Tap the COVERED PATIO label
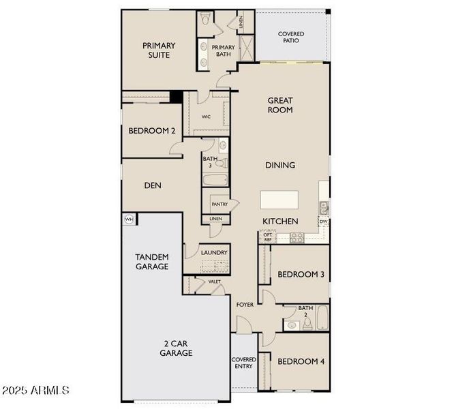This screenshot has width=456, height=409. click(x=291, y=38)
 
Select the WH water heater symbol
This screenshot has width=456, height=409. click(x=128, y=219)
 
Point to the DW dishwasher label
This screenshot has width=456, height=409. click(x=323, y=222)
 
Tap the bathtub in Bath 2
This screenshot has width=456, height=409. click(x=322, y=318)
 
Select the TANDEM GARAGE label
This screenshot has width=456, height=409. click(x=151, y=262)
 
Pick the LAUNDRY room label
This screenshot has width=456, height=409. click(x=214, y=253)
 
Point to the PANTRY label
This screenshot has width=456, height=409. click(x=219, y=204)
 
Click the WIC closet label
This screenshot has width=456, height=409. click(x=206, y=117)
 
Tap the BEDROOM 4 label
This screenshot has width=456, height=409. click(x=301, y=361)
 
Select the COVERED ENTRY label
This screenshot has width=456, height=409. click(x=243, y=363)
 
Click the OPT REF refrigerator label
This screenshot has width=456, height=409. click(x=267, y=237)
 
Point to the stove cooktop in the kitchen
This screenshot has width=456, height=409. click(x=297, y=237)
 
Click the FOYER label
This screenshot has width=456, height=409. click(x=244, y=305)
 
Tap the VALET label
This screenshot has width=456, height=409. click(x=214, y=281)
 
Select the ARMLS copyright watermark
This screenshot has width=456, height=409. click(x=35, y=391)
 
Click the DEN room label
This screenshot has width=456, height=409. click(x=151, y=185)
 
